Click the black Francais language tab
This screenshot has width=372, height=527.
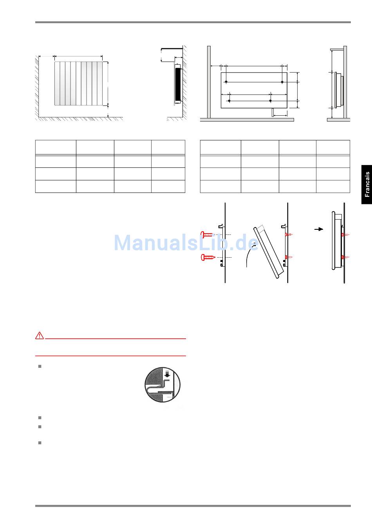[367, 184]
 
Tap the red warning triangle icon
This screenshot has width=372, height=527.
[40, 336]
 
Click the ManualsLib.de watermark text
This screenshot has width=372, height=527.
[186, 243]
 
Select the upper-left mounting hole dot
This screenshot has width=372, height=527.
[226, 82]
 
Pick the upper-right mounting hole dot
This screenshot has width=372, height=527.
[282, 82]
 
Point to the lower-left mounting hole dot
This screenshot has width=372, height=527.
[229, 101]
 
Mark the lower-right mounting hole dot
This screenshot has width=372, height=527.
[271, 101]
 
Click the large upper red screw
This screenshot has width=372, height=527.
[207, 234]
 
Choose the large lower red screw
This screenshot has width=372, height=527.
[208, 257]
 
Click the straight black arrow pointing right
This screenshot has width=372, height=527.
[319, 229]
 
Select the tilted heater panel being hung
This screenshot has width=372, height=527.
[269, 252]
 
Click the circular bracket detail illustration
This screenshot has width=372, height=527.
[163, 385]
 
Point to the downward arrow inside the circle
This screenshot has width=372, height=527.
[167, 374]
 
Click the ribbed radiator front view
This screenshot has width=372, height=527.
[78, 83]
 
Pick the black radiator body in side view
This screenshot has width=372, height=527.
[178, 85]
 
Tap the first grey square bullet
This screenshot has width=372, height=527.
[40, 366]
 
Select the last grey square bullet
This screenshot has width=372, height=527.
[40, 443]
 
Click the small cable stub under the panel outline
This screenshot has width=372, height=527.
[273, 113]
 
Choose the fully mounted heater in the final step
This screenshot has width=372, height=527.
[338, 241]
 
